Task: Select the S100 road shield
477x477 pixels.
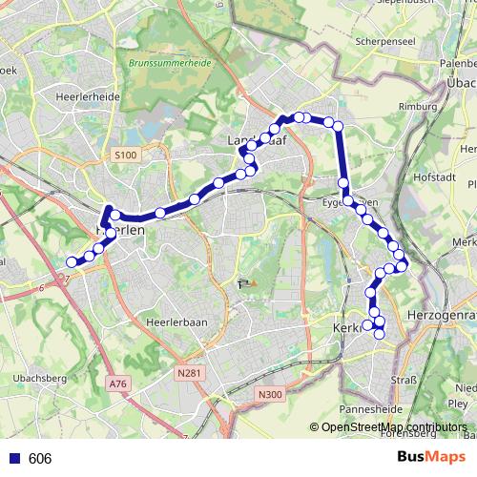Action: [125, 155]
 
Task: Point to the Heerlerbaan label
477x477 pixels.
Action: [176, 322]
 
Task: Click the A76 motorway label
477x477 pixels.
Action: [117, 384]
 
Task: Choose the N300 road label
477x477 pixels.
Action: [271, 393]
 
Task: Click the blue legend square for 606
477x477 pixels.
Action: [13, 458]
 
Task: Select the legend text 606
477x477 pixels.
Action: [40, 459]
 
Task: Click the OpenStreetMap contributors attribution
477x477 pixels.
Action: [393, 427]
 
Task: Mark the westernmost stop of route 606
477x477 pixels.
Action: [72, 262]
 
